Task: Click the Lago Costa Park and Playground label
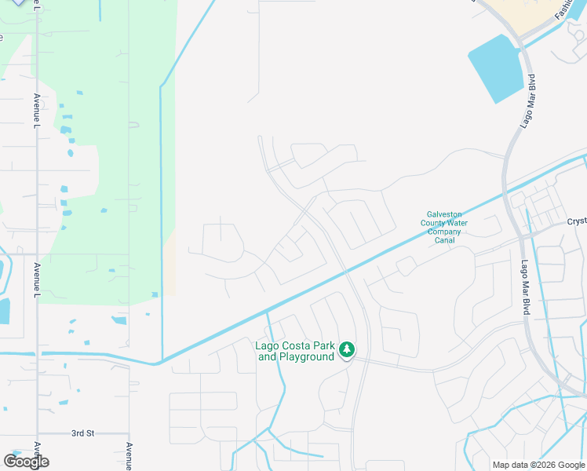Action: (295, 351)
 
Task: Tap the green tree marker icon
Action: (346, 350)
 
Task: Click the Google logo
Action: (26, 462)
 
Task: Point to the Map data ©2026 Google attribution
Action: (538, 465)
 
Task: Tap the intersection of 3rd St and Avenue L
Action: (37, 433)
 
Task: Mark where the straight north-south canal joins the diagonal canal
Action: (161, 362)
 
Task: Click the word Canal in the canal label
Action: (445, 240)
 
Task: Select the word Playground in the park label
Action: (308, 356)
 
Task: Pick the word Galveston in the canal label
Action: (444, 214)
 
